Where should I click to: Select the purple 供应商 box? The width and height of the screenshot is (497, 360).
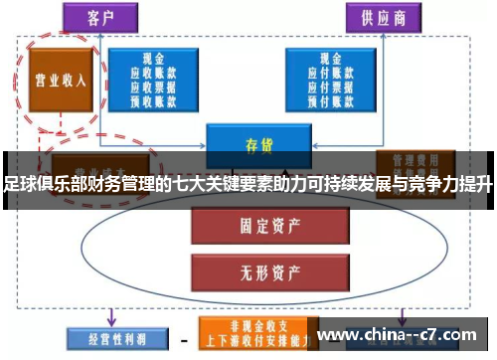point(380,18)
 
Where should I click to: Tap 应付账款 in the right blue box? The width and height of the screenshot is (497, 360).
point(327,73)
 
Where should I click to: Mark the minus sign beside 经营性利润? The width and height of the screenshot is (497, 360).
point(183,338)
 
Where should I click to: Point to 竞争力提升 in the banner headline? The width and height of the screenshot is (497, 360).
point(453,184)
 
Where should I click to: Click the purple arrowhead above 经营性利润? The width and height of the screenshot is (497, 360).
point(109,319)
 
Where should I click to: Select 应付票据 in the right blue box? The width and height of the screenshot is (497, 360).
point(327,86)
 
